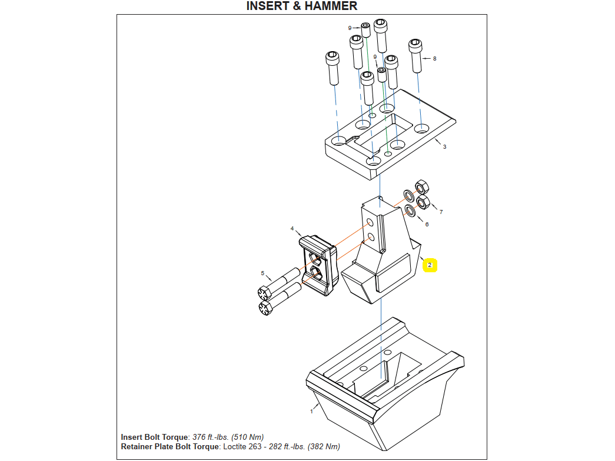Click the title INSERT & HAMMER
pos(301,6)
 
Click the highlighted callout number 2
pos(430,265)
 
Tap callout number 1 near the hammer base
pos(311,411)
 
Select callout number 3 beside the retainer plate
pos(444,146)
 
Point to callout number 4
pos(292,228)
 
